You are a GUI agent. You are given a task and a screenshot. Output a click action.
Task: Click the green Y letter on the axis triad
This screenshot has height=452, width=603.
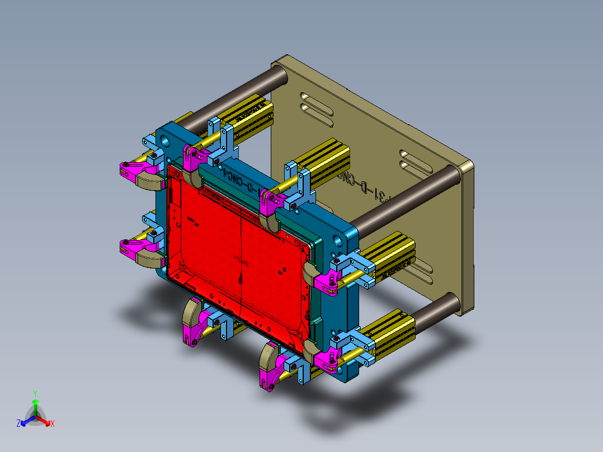35,393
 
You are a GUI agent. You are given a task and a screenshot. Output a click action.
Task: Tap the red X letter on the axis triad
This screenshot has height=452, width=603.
53,424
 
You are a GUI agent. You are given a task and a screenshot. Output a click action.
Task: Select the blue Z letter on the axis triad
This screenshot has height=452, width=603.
18,423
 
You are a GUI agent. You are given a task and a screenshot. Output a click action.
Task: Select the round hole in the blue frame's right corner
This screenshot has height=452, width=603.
339,241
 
